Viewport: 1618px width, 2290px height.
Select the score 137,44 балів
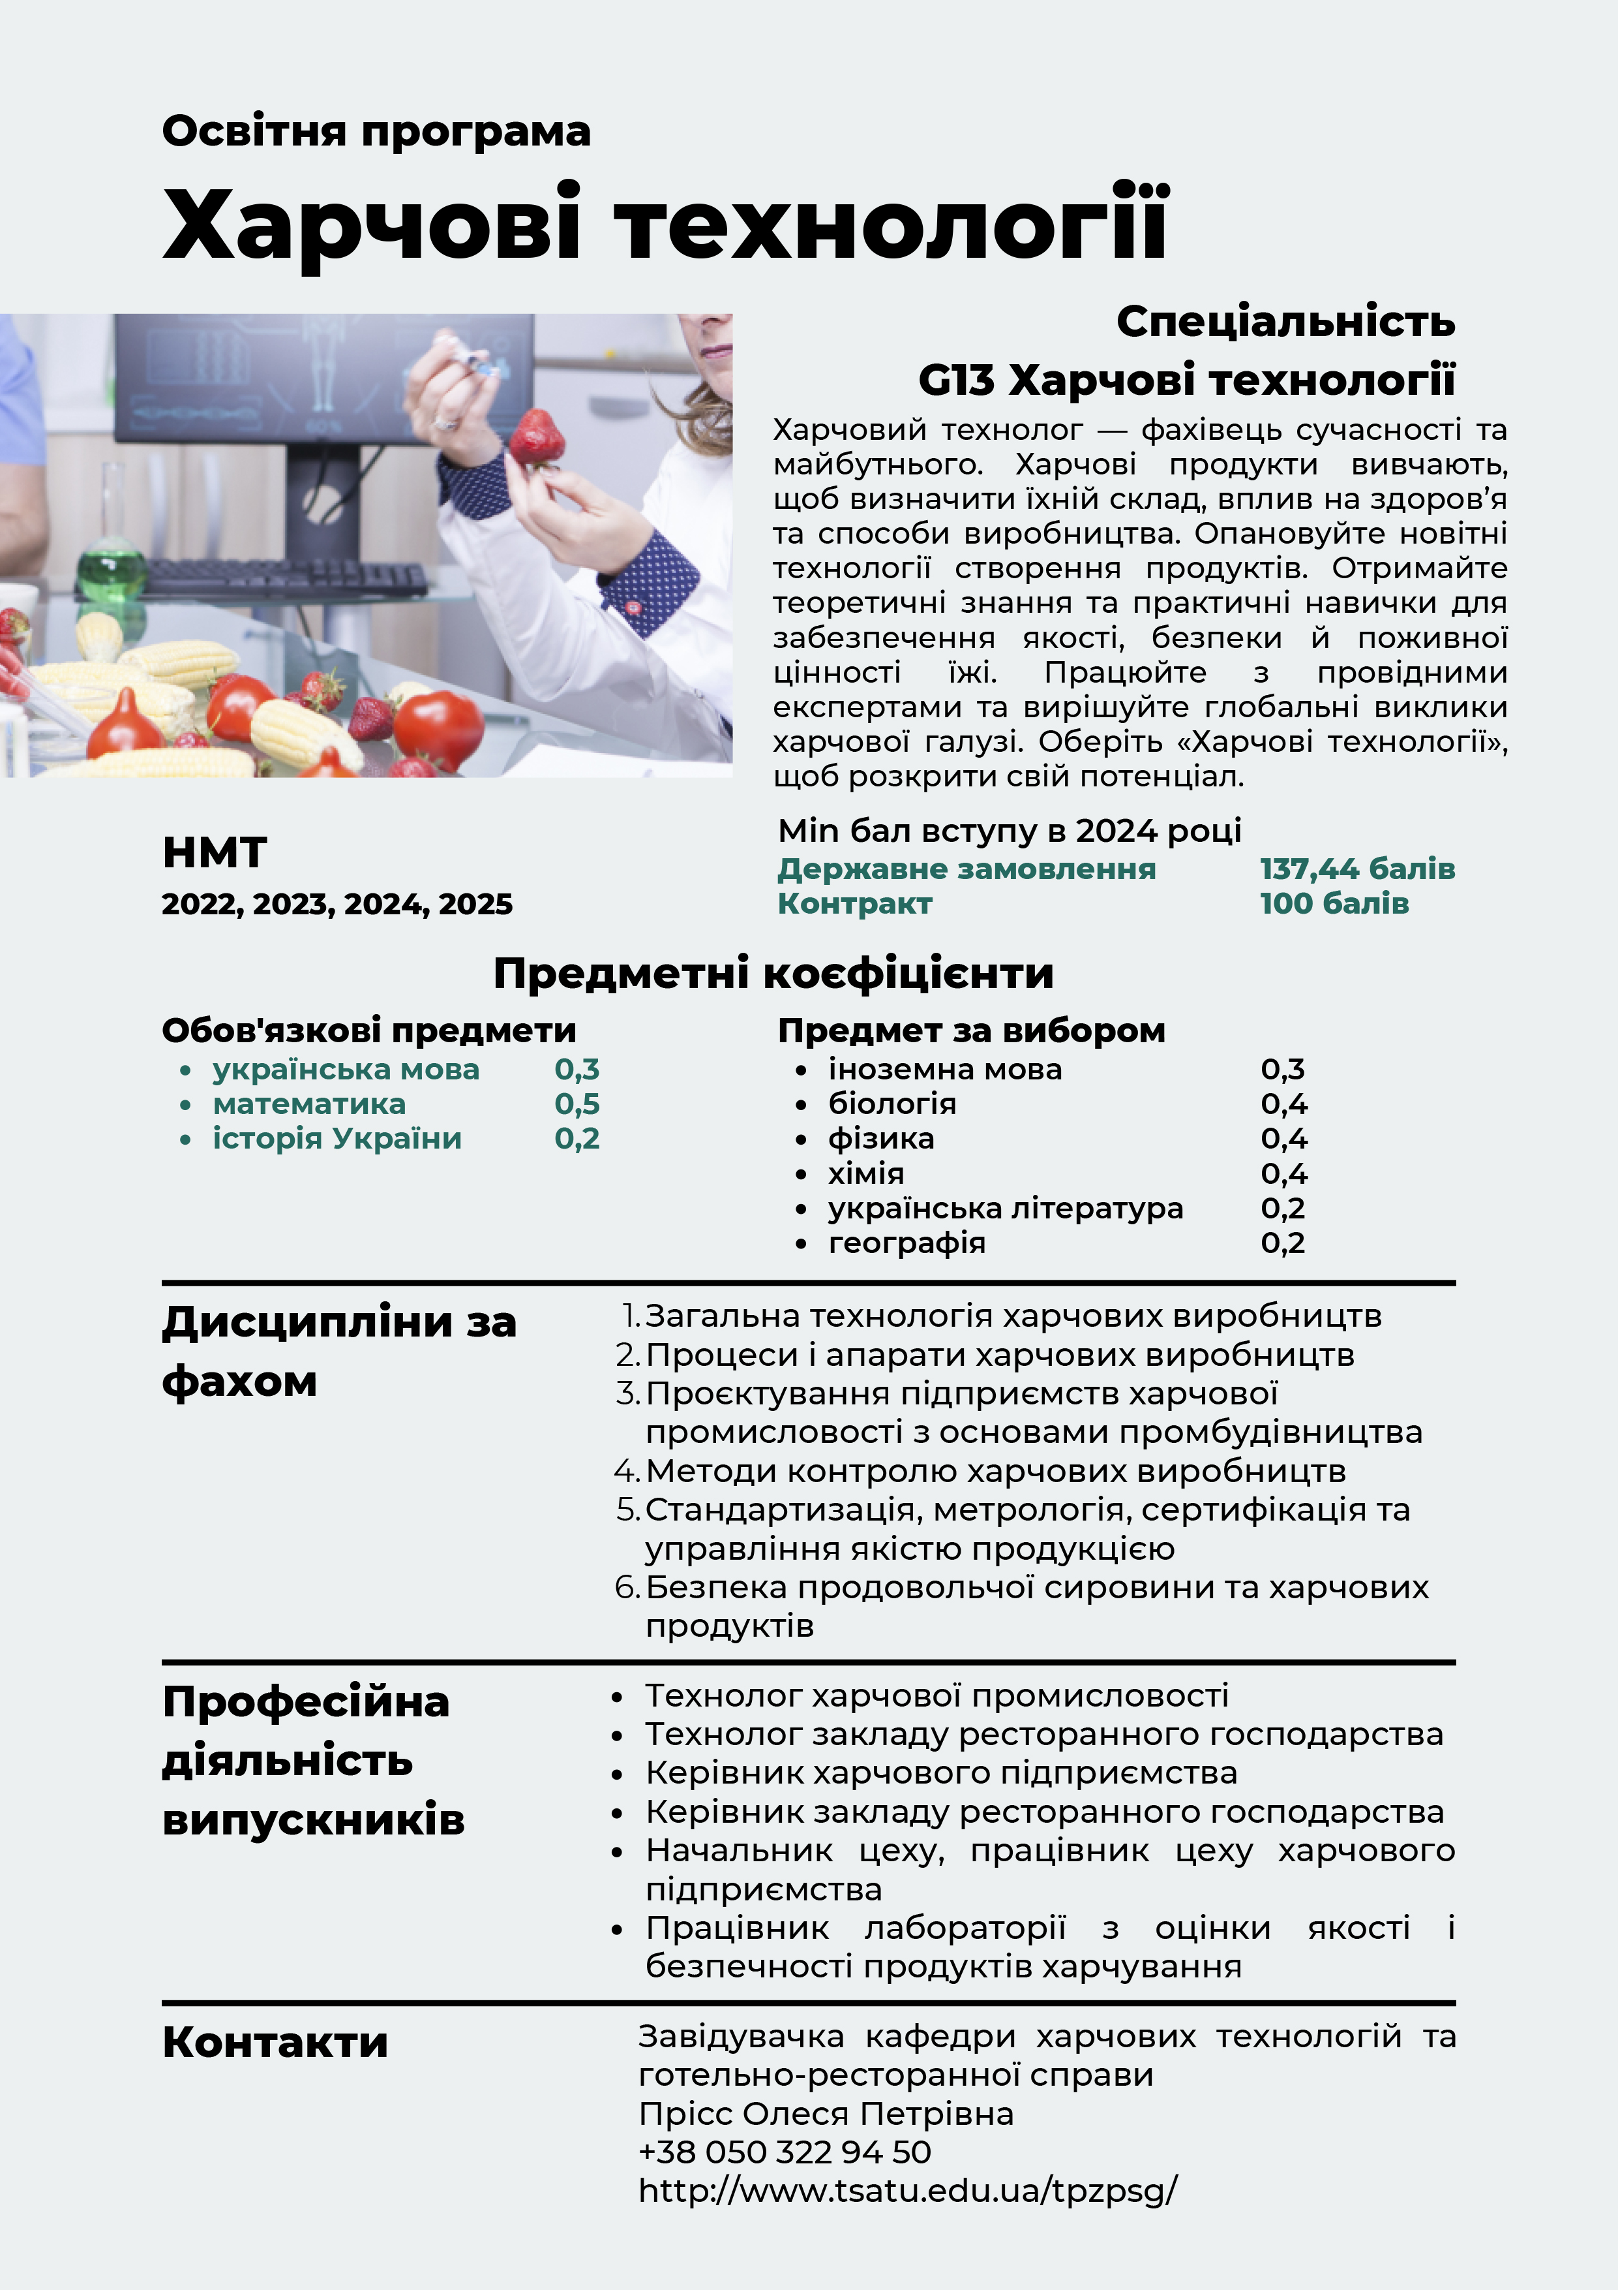coord(1356,869)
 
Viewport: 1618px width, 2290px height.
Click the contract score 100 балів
coord(1334,904)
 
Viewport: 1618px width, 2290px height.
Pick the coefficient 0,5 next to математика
coord(577,1104)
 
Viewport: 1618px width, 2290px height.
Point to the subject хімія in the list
coord(866,1174)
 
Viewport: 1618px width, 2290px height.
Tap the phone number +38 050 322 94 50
coord(785,2152)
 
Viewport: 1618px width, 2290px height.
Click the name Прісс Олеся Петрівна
coord(826,2113)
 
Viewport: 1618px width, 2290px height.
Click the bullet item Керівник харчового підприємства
coord(941,1773)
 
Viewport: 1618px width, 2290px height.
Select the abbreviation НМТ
coord(215,854)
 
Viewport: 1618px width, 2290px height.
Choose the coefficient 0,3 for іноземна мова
coord(1282,1069)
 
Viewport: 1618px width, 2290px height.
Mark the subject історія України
coord(337,1139)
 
